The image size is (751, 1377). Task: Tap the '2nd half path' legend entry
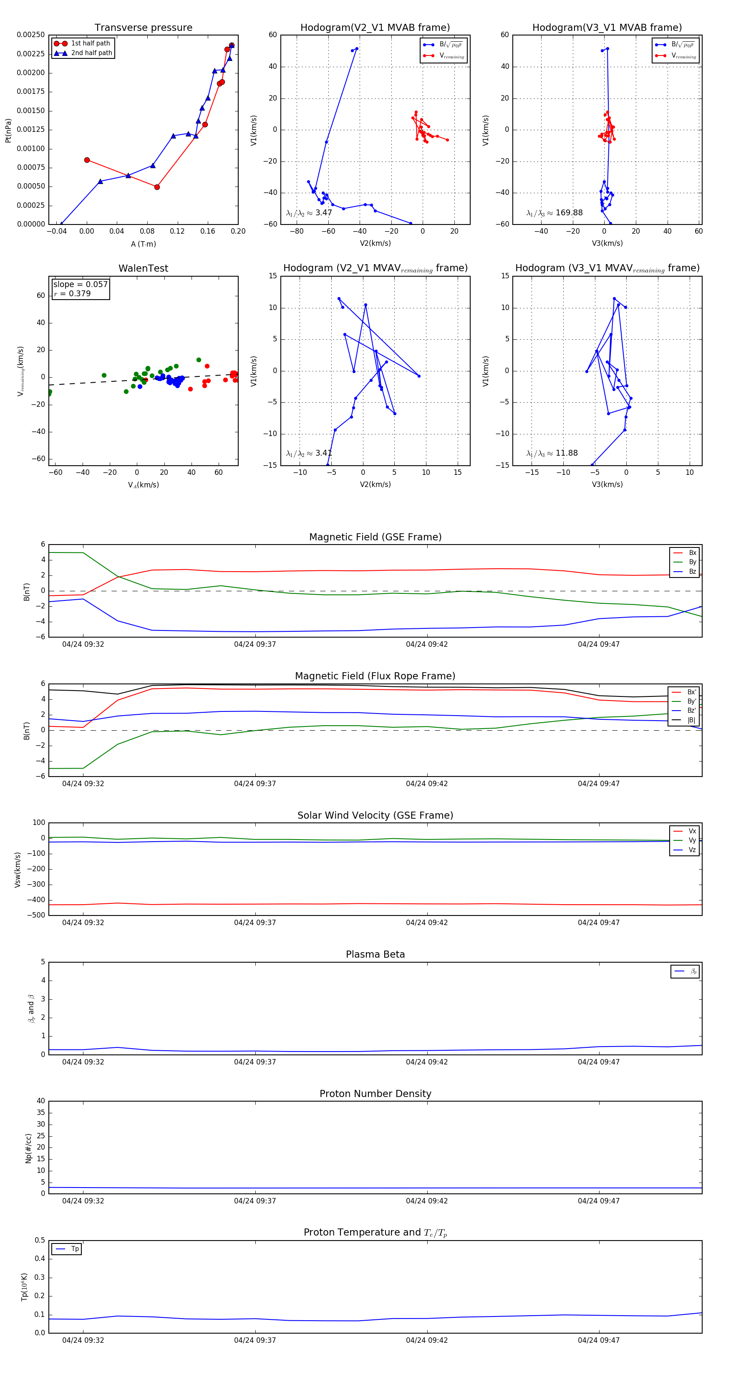coord(91,53)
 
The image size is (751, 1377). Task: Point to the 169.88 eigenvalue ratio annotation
coord(554,213)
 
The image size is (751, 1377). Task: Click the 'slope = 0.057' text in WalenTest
coord(80,285)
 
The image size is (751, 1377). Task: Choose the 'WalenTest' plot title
coord(143,268)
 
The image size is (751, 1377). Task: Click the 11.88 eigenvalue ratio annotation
coord(552,453)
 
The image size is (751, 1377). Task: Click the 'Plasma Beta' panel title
coord(375,954)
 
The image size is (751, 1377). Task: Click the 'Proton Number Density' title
coord(375,1094)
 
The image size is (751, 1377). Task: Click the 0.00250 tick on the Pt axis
coord(30,35)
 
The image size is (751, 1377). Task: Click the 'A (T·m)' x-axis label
coord(143,244)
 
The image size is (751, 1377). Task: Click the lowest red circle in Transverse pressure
coord(156,187)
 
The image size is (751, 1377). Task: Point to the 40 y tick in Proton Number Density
coord(40,1101)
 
